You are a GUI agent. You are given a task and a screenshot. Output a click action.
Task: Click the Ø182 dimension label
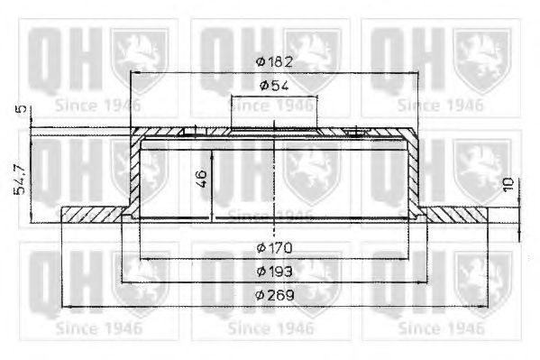[x=273, y=61]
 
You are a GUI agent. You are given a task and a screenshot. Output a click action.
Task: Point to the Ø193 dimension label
[x=273, y=271]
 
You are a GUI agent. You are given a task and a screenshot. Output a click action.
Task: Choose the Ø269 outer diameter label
[x=273, y=294]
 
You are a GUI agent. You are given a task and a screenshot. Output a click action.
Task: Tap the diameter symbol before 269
[x=260, y=294]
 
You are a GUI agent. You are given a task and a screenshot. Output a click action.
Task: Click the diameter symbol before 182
[x=260, y=61]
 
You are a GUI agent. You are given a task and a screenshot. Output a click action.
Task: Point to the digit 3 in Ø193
[x=287, y=271]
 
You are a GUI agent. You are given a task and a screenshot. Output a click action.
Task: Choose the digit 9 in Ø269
[x=287, y=294]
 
